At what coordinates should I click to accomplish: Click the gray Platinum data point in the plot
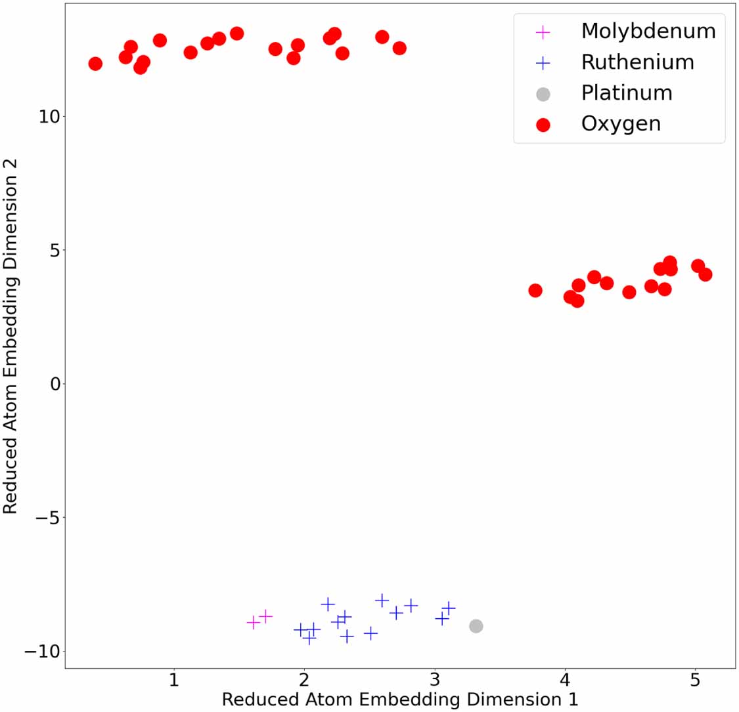coord(476,626)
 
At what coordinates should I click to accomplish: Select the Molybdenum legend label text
coord(648,31)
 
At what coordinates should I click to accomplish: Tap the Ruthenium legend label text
coord(637,62)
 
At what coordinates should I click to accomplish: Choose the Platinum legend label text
coord(626,93)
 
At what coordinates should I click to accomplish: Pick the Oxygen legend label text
coord(621,123)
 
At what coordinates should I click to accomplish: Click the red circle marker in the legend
coord(543,124)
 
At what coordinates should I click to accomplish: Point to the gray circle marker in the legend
coord(543,94)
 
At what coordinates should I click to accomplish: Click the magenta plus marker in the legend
coord(543,31)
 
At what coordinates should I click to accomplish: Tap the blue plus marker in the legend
coord(543,63)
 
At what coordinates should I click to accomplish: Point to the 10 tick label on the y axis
coord(49,117)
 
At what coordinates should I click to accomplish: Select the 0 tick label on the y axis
coord(55,384)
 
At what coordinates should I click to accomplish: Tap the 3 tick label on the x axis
coord(435,679)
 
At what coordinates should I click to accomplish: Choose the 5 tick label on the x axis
coord(696,679)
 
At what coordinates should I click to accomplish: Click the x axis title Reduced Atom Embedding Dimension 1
coord(399,700)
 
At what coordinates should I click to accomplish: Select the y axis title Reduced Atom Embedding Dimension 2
coord(11,336)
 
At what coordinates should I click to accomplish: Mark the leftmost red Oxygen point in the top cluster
coord(95,64)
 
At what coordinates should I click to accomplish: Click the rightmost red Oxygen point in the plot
coord(705,274)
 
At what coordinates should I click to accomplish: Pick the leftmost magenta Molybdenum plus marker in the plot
coord(253,622)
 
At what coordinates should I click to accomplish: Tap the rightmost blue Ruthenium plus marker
coord(449,608)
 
